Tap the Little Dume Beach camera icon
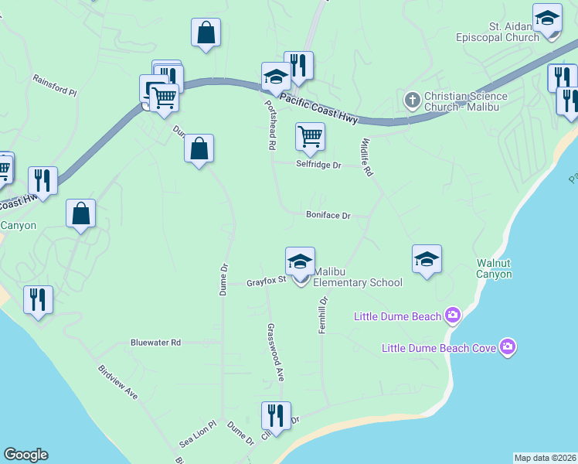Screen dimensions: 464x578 click(453, 316)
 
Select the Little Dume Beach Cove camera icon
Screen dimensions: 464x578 click(508, 348)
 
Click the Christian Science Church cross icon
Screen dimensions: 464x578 click(412, 100)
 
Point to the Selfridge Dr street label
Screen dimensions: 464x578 click(318, 165)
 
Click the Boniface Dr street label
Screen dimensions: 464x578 click(328, 216)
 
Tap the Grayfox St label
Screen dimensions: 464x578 click(267, 282)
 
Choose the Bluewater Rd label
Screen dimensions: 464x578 click(155, 342)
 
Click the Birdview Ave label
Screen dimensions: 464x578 click(118, 382)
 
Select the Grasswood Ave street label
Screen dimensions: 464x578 click(276, 353)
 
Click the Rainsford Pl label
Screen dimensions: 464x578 click(55, 86)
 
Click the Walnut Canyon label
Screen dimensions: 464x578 click(494, 268)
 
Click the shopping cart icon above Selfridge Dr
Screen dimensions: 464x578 click(310, 136)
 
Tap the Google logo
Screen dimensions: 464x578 click(25, 455)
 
